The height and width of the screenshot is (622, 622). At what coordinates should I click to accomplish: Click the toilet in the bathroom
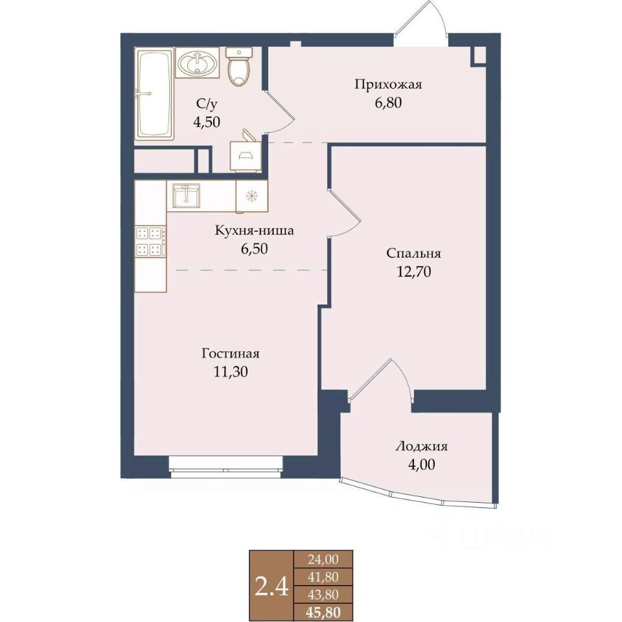[239, 66]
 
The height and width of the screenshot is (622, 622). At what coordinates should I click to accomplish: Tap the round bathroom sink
[197, 63]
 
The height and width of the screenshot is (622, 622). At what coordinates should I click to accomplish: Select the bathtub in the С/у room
[154, 93]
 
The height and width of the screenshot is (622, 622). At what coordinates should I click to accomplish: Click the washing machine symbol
[246, 152]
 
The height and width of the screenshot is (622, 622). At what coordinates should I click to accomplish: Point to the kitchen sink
[186, 195]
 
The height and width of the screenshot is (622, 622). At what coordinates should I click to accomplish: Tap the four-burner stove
[150, 241]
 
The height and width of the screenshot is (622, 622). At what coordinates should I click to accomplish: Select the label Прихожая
[388, 84]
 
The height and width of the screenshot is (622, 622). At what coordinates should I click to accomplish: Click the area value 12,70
[414, 271]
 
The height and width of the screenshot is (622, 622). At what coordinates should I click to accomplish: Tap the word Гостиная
[230, 353]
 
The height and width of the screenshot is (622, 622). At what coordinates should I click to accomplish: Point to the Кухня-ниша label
[254, 231]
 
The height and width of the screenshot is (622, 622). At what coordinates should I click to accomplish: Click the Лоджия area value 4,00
[421, 464]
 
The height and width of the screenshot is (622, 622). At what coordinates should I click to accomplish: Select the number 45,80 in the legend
[323, 613]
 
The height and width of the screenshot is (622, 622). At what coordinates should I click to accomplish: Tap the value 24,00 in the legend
[323, 559]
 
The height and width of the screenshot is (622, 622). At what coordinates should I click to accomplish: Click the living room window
[226, 466]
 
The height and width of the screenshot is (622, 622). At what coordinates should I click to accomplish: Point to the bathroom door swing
[280, 113]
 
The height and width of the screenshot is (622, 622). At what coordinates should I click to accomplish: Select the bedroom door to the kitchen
[344, 213]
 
